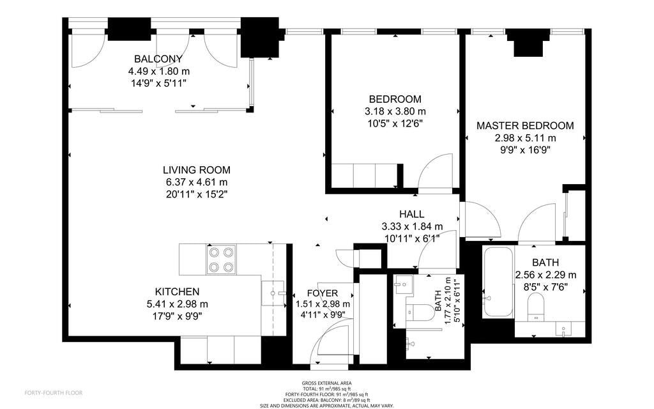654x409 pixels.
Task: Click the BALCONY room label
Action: [x=158, y=59]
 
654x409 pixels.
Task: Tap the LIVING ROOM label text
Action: [x=197, y=170]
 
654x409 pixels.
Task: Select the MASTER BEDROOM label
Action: [x=525, y=126]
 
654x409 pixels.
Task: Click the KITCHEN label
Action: [x=178, y=291]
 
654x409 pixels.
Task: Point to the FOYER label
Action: [x=323, y=293]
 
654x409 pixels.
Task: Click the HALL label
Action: [x=412, y=214]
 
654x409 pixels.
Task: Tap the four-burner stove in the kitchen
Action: [x=221, y=259]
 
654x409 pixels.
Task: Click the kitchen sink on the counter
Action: [x=273, y=293]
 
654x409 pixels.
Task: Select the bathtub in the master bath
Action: [x=498, y=282]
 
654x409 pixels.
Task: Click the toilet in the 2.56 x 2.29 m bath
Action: [x=536, y=306]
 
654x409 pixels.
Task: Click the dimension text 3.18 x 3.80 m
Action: [x=395, y=111]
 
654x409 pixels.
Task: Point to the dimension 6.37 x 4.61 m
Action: [x=197, y=182]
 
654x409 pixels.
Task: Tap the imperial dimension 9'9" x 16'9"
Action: [x=525, y=150]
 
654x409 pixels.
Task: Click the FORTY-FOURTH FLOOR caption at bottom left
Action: [x=54, y=393]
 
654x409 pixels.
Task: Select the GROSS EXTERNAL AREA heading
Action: [x=326, y=383]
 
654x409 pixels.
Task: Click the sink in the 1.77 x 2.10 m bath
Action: [x=404, y=284]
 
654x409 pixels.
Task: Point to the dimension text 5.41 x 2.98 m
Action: [x=178, y=304]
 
